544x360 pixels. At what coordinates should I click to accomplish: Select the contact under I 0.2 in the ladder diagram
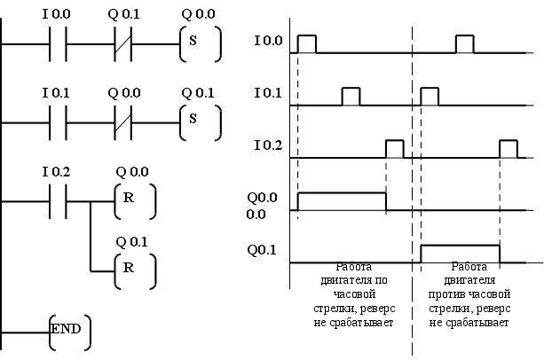pos(56,200)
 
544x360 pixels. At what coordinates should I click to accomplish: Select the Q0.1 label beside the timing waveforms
pos(263,250)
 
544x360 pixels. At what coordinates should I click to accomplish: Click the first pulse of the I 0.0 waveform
pos(307,44)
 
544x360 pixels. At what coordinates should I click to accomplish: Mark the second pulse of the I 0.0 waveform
pos(465,44)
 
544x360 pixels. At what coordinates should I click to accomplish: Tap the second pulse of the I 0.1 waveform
pos(430,97)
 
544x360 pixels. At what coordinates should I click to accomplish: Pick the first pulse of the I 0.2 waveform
pos(394,149)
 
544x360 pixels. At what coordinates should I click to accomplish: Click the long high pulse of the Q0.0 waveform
pos(342,201)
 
